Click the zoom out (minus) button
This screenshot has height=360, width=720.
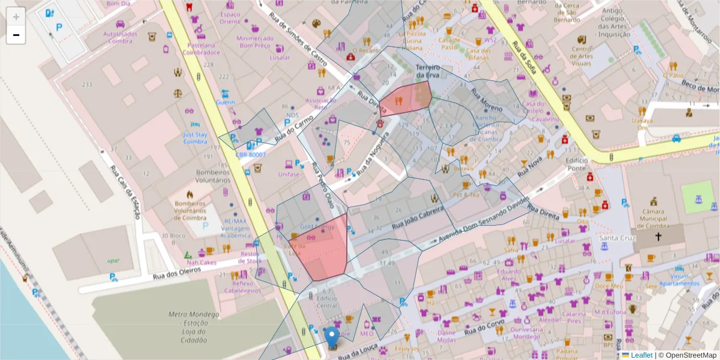coord(16,35)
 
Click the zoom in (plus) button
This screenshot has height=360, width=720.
coord(16,16)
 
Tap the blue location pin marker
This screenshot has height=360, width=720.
coord(332,337)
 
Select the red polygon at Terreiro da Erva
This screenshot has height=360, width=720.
coord(407,99)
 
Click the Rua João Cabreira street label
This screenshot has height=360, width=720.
coord(417,219)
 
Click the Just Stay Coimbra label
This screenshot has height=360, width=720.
coord(196,138)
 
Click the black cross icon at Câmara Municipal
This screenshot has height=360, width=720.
coord(658,236)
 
